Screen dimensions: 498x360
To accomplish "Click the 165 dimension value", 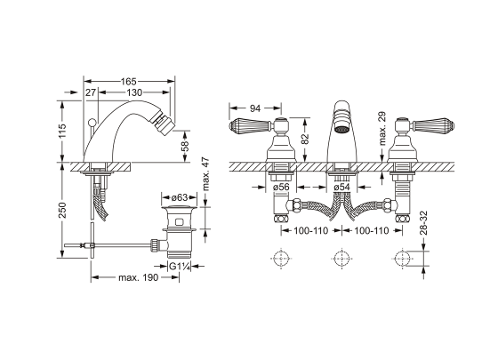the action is point(129,82).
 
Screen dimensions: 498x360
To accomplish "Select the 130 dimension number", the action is point(134,92).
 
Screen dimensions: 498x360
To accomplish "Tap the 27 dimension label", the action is point(91,92).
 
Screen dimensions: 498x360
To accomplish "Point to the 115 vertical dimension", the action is point(62,131).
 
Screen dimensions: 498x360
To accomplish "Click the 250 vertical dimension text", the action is point(62,210).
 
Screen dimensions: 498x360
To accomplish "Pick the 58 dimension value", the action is point(185,145).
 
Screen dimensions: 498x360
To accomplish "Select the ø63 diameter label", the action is point(180,197).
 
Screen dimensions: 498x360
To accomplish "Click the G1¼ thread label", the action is point(180,267).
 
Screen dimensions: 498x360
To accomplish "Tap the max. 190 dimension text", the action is point(138,277).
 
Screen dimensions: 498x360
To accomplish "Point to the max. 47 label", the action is point(205,173).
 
